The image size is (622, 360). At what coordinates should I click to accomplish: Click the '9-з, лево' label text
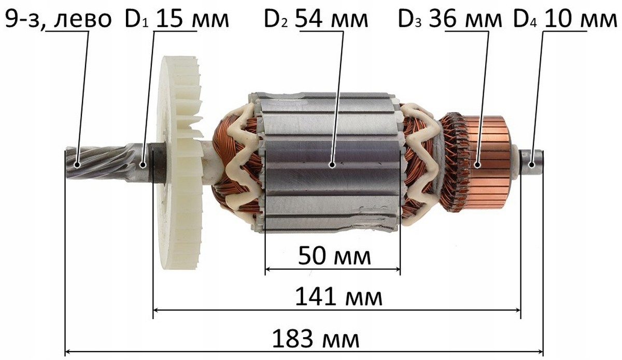(58, 19)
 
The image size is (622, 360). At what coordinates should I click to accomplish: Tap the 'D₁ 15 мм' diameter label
(177, 19)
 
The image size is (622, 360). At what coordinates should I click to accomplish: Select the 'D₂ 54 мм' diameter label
(316, 19)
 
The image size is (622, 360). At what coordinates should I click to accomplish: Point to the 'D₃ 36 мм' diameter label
(450, 19)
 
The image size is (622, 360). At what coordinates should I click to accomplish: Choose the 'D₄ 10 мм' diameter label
(566, 19)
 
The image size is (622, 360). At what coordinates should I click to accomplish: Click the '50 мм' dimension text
(334, 256)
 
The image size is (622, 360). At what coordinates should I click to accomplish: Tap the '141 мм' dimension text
(338, 296)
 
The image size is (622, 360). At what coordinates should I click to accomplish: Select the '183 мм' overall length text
(316, 339)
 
